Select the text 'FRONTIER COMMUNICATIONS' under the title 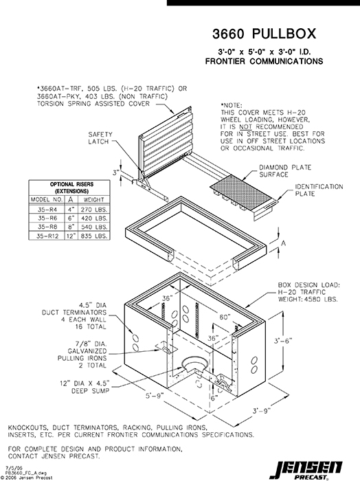pyautogui.click(x=265, y=61)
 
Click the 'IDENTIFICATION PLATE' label pyautogui.click(x=319, y=190)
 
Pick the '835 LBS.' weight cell pyautogui.click(x=95, y=235)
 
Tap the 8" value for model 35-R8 pyautogui.click(x=69, y=225)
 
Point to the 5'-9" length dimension pyautogui.click(x=153, y=396)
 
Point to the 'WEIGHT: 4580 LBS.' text pyautogui.click(x=308, y=299)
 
